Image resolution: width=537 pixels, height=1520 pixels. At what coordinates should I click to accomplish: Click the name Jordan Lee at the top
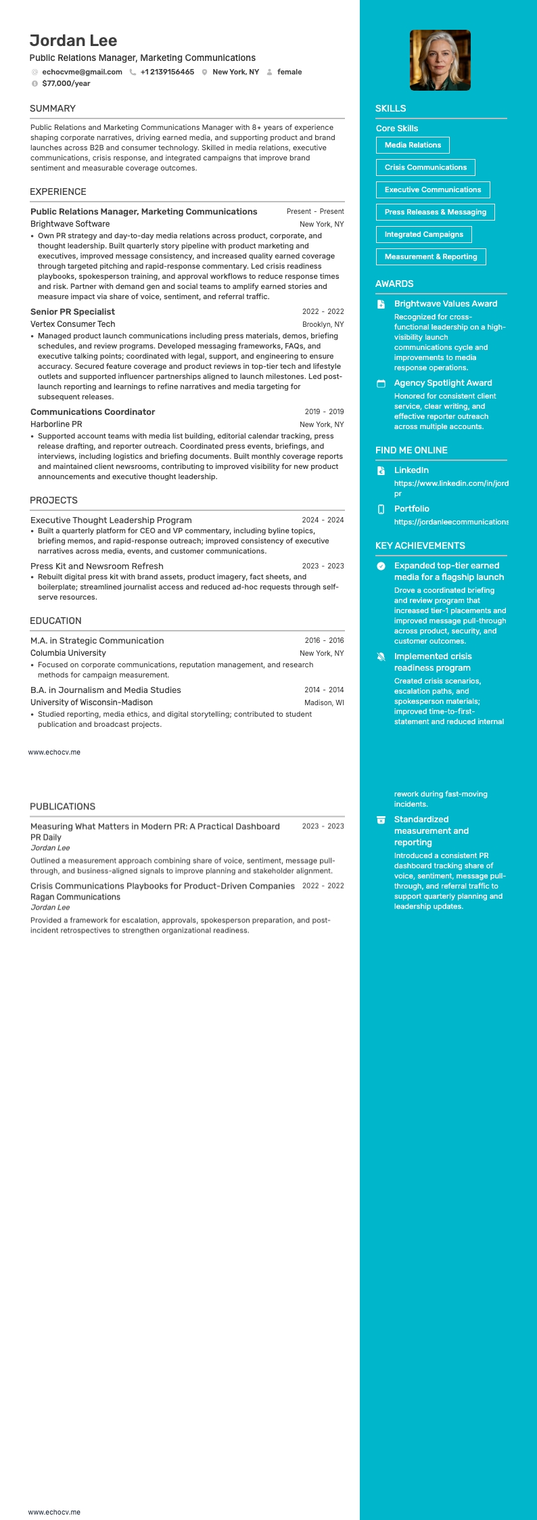click(x=73, y=41)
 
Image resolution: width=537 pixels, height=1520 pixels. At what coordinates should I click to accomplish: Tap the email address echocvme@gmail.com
click(x=82, y=72)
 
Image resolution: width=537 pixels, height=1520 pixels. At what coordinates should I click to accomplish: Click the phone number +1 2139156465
click(x=167, y=72)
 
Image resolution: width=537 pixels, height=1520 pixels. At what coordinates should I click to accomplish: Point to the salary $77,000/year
click(x=66, y=83)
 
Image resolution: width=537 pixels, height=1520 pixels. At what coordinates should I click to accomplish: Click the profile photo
click(x=440, y=60)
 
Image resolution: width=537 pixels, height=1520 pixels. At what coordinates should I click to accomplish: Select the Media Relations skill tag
click(x=413, y=145)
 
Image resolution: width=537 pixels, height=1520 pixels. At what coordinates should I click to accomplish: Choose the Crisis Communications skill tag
click(x=425, y=167)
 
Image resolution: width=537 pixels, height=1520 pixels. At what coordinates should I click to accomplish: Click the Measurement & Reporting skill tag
click(x=431, y=256)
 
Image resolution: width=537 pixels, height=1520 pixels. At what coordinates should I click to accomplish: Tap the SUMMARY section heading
click(x=53, y=108)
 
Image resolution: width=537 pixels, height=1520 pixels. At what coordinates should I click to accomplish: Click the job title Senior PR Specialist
click(x=72, y=312)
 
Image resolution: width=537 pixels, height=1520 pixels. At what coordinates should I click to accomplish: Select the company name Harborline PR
click(x=56, y=424)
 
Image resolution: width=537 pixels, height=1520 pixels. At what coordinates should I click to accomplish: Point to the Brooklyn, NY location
click(x=323, y=324)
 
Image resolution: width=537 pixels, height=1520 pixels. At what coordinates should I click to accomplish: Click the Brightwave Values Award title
click(x=446, y=304)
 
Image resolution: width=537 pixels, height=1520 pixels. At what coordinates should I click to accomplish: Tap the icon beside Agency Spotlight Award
click(x=381, y=384)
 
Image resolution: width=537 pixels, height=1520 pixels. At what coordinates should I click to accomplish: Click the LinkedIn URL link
click(x=451, y=483)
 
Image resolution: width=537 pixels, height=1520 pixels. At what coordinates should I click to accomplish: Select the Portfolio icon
click(x=381, y=509)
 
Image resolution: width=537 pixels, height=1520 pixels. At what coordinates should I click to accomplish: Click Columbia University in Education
click(x=68, y=653)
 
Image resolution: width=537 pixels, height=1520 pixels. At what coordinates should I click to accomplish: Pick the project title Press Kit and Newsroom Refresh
click(x=97, y=566)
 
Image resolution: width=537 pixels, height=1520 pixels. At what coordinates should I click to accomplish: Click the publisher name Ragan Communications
click(x=75, y=897)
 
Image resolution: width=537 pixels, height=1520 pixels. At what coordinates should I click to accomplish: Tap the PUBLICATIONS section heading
click(x=62, y=807)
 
